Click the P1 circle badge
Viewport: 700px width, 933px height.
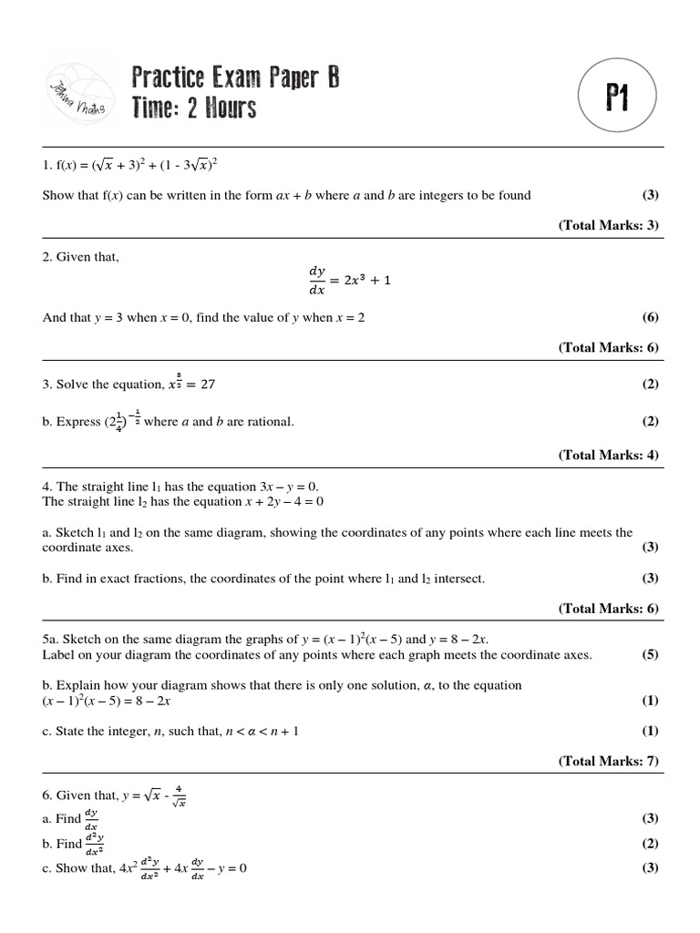617,98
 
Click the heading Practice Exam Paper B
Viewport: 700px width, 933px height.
235,77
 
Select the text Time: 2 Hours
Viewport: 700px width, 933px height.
194,108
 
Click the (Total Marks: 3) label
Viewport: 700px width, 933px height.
608,225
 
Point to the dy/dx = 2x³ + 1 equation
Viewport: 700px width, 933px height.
349,281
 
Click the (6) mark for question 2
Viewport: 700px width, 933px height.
650,318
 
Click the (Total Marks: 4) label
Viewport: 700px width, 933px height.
608,456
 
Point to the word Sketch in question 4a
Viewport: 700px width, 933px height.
76,533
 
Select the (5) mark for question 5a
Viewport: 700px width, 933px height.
650,655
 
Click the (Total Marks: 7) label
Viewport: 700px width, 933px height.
608,762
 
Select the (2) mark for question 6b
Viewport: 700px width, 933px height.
650,844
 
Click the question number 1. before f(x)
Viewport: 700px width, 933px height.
47,166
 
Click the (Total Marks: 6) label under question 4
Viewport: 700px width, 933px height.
608,609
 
